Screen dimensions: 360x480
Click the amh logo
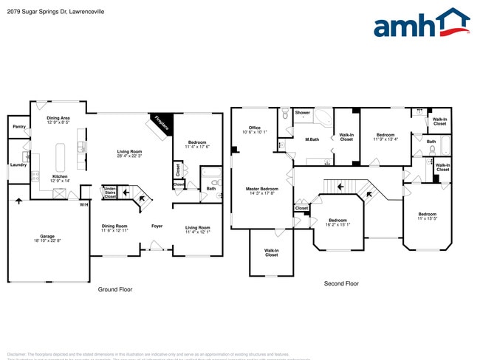point(421,24)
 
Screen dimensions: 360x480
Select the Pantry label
point(19,127)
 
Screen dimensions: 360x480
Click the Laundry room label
point(18,165)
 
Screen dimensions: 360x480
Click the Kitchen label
point(59,176)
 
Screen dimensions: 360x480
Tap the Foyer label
point(157,226)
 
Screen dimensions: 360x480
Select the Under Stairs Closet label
point(109,193)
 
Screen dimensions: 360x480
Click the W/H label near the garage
point(84,204)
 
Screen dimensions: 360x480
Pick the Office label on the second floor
point(255,128)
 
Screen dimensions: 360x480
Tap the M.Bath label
point(312,139)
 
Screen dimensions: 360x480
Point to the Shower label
point(303,113)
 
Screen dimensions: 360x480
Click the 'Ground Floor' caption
point(115,290)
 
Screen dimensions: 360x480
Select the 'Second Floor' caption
point(341,283)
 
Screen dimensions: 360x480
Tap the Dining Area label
point(58,118)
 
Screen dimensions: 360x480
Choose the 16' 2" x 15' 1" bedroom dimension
point(338,224)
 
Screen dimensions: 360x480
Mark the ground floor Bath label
point(210,188)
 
